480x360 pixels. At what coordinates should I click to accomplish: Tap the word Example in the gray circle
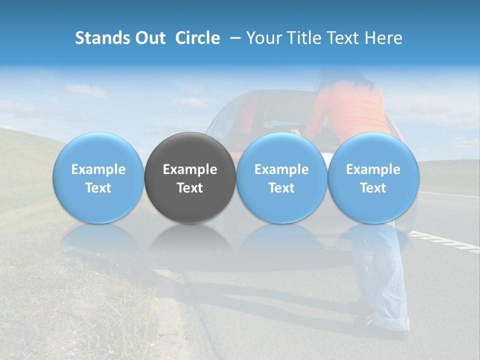(x=190, y=169)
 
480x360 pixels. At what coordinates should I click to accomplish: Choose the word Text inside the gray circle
(x=190, y=188)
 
